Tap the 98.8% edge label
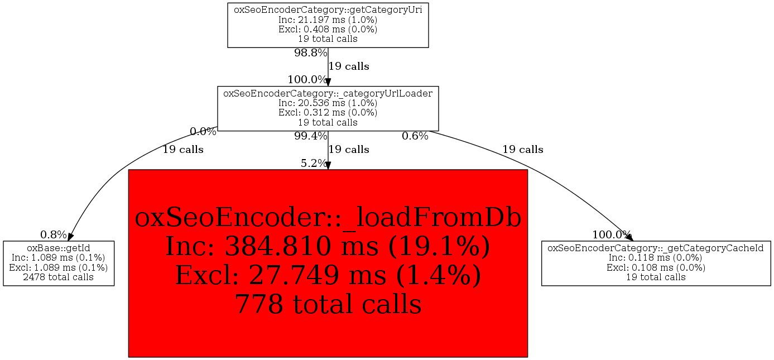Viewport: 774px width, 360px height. click(310, 54)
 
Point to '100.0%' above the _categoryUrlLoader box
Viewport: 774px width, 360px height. click(307, 80)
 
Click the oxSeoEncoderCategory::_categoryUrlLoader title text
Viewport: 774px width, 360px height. click(328, 93)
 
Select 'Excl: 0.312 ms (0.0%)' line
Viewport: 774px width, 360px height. click(328, 113)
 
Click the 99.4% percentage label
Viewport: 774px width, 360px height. click(310, 136)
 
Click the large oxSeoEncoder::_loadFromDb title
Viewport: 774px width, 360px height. click(328, 218)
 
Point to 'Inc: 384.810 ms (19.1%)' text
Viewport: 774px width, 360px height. click(328, 246)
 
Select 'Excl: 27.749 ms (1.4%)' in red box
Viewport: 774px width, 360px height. click(328, 275)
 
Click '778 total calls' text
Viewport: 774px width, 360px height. click(328, 304)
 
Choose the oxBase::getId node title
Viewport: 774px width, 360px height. click(59, 247)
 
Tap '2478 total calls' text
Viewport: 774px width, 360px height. click(59, 277)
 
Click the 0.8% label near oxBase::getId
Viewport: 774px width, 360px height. click(53, 234)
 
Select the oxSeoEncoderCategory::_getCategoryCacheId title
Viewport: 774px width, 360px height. click(655, 247)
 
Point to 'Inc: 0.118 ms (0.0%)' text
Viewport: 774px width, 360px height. click(655, 257)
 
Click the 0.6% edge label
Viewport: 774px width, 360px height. click(415, 136)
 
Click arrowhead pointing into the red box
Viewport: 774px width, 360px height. click(328, 166)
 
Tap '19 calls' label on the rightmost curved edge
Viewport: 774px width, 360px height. click(522, 150)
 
